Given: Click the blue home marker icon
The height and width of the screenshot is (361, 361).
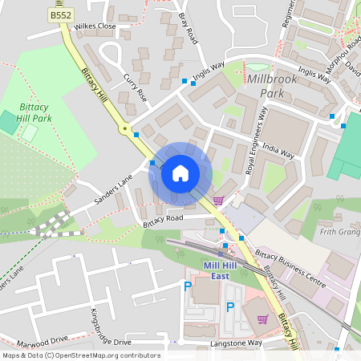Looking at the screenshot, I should (x=180, y=172).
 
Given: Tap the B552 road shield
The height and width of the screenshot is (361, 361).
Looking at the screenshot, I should (x=59, y=15).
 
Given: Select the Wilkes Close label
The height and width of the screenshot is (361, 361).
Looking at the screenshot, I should (x=95, y=26).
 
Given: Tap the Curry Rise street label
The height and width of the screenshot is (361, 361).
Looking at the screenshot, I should (x=136, y=88).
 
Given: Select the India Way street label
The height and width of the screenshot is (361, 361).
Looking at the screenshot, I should (x=278, y=151).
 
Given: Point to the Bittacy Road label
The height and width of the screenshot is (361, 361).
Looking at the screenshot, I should (x=163, y=217).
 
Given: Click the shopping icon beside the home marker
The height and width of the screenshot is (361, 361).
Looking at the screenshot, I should (x=218, y=201).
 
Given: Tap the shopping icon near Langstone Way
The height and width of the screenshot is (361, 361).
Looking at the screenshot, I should (x=262, y=319).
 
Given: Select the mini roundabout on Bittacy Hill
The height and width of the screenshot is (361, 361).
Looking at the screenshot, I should (x=124, y=128).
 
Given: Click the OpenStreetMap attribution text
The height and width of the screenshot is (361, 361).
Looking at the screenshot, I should (x=81, y=355).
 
